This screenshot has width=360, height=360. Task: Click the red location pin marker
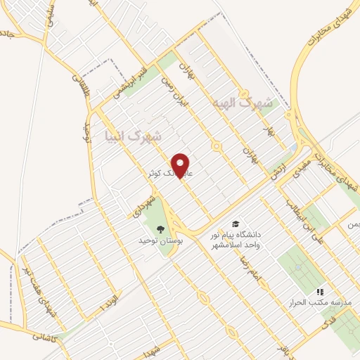pos(182,166)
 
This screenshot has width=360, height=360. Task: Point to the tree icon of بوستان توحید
pos(160,228)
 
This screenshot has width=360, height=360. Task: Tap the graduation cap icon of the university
pos(236,221)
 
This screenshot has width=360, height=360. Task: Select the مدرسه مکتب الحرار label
pos(321,302)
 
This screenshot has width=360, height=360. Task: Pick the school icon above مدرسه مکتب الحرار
pos(320,291)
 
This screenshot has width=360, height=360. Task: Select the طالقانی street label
pos(77,91)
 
